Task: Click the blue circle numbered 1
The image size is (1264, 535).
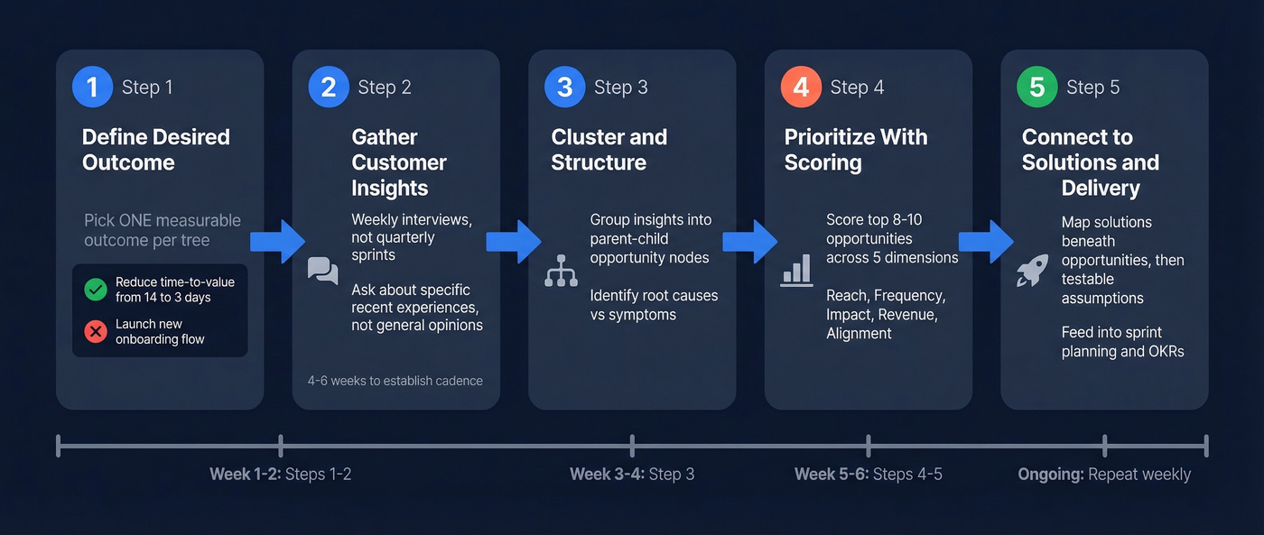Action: (92, 88)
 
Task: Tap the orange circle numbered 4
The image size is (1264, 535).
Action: (801, 88)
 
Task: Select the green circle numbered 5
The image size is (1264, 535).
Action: (1037, 88)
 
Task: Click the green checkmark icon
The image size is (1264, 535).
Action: (95, 290)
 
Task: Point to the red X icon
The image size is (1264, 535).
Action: (95, 331)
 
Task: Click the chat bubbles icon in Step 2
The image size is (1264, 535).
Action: (322, 271)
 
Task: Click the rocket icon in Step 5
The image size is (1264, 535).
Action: (1032, 271)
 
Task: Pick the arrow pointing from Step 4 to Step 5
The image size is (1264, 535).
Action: (986, 241)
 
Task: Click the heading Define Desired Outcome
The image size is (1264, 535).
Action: (155, 150)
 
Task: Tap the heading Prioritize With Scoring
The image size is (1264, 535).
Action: (855, 150)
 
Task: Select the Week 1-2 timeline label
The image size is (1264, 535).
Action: (280, 475)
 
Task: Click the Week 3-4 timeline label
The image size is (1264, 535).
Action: (632, 475)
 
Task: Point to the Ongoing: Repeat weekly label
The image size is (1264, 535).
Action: (1104, 475)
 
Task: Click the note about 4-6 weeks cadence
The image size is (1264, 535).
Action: (395, 381)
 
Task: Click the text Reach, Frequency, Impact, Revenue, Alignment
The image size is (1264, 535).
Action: (884, 315)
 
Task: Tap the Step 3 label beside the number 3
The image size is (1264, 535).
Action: (620, 88)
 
